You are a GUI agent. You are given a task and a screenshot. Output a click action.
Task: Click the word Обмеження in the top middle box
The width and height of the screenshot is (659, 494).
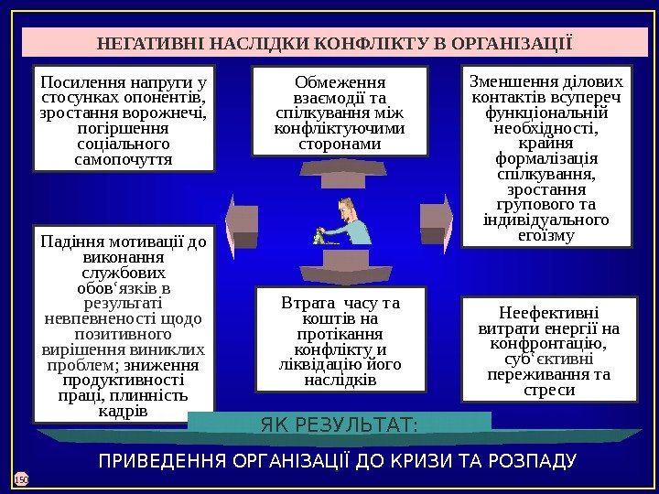click(x=340, y=81)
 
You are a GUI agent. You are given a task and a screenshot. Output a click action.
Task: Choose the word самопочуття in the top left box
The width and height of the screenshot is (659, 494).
click(x=124, y=160)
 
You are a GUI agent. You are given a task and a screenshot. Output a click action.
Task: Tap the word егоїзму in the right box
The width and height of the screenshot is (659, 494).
click(x=546, y=235)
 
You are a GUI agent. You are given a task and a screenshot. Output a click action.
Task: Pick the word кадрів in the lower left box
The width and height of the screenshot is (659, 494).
click(x=123, y=410)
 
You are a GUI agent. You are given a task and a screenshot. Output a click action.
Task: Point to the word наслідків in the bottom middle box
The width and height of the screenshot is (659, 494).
click(x=340, y=380)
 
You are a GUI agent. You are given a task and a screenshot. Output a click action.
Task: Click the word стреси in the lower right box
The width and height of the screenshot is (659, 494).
click(x=547, y=390)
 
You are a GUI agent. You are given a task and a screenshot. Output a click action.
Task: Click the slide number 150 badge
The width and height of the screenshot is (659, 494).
click(x=22, y=478)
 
